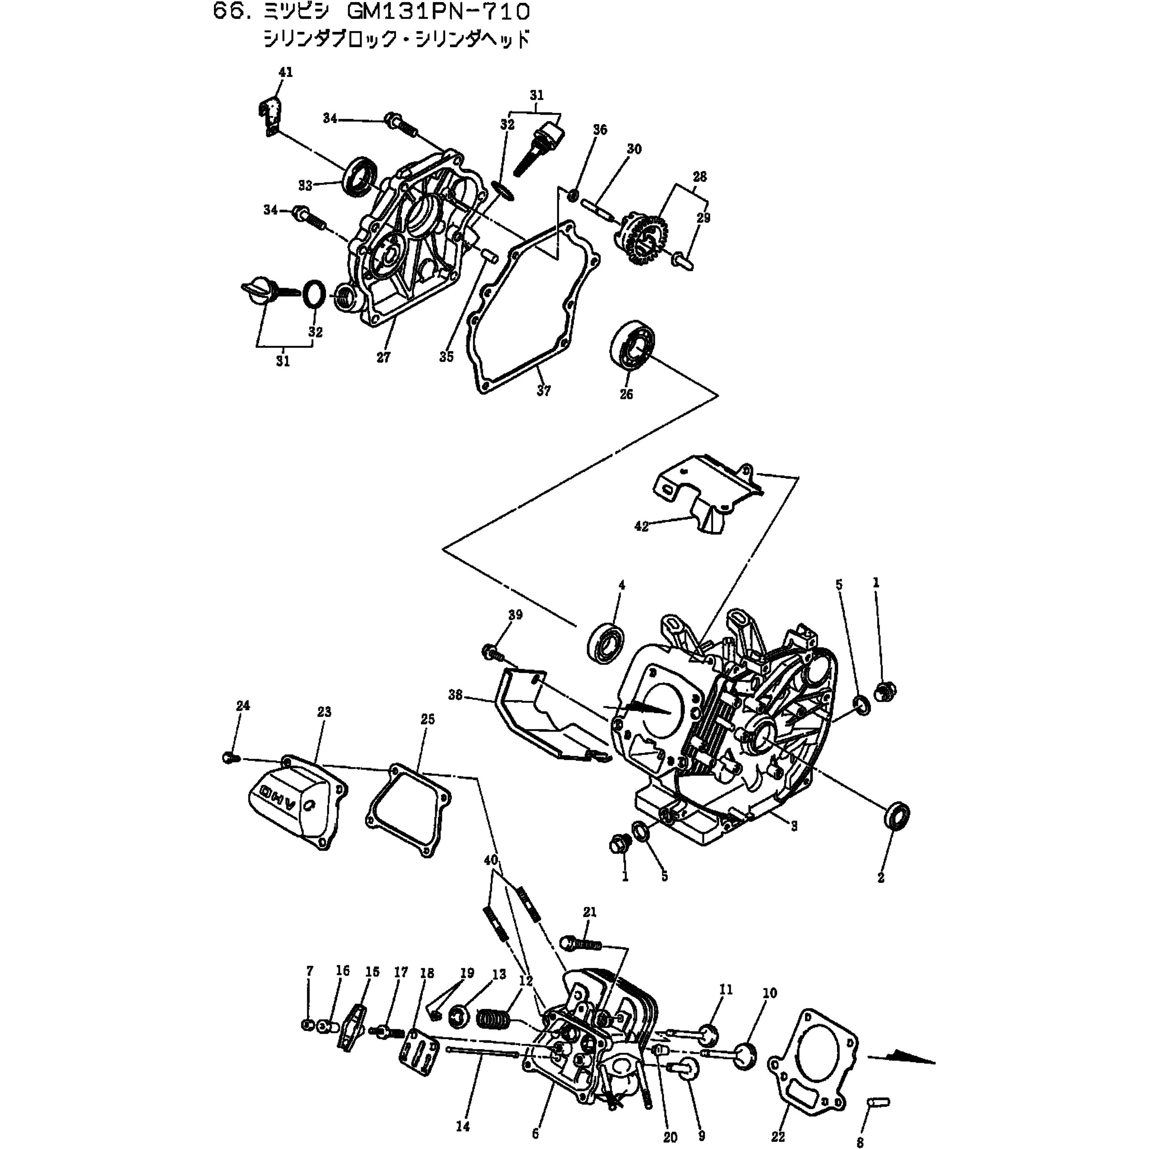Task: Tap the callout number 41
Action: [x=286, y=72]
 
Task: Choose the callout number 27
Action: [x=384, y=357]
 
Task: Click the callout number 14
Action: [x=463, y=1126]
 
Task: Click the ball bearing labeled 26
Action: [x=634, y=346]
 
